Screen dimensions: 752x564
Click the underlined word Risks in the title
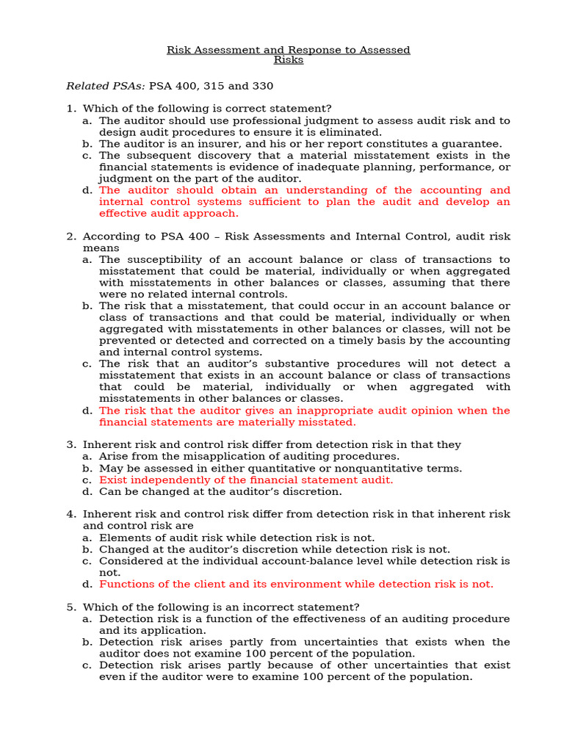click(288, 60)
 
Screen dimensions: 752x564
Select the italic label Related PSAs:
click(106, 86)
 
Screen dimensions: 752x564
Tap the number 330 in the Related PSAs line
click(262, 86)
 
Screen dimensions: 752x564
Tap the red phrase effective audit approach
click(169, 213)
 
